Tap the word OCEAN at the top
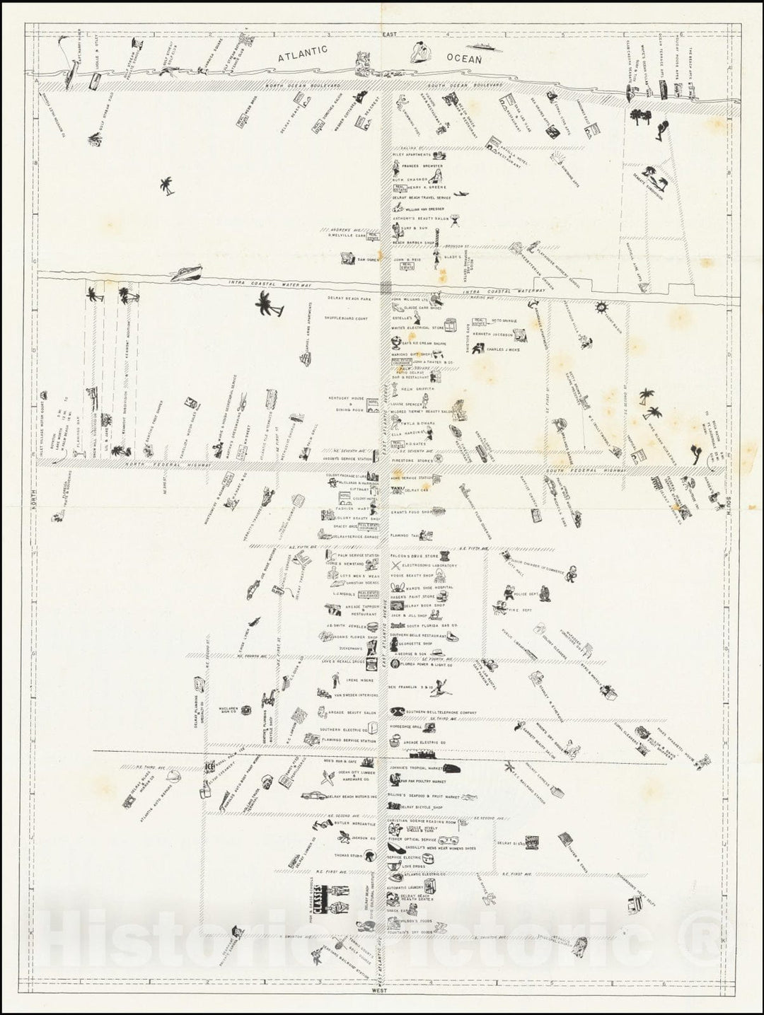pyautogui.click(x=464, y=59)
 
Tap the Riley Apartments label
pyautogui.click(x=414, y=154)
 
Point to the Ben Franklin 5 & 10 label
pyautogui.click(x=412, y=686)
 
